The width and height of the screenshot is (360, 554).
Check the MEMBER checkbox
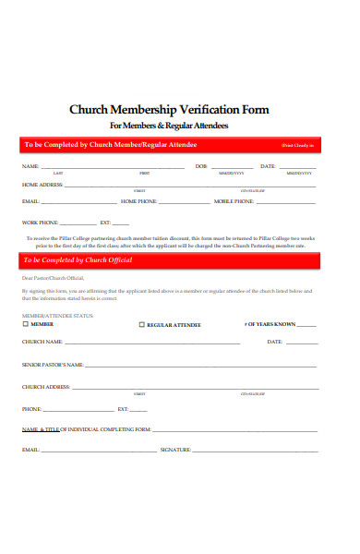25,324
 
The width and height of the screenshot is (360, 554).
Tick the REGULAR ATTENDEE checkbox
142,325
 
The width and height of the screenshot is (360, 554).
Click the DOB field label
201,166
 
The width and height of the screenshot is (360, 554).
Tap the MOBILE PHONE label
234,201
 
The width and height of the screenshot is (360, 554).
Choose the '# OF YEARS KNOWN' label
270,324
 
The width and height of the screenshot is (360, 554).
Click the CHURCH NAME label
42,342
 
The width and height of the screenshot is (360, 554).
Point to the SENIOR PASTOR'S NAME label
53,365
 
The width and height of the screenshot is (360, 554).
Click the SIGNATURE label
175,450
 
